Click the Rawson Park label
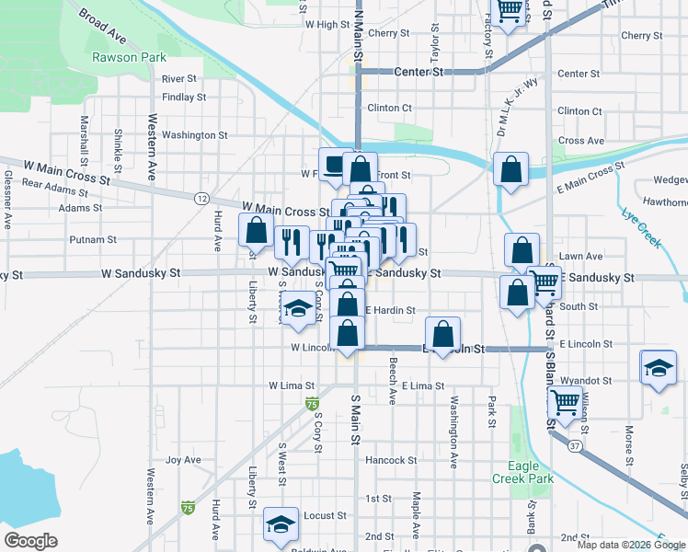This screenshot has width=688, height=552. click(128, 57)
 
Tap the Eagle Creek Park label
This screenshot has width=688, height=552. click(522, 473)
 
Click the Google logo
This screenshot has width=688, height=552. click(30, 541)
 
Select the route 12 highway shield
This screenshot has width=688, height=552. click(201, 198)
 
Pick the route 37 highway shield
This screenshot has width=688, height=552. click(574, 445)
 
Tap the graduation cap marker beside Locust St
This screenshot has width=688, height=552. click(281, 523)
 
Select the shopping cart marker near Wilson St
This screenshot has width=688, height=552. click(565, 401)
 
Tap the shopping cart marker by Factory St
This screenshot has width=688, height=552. click(509, 11)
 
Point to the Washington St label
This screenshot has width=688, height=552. click(194, 135)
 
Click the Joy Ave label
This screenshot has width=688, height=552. click(182, 460)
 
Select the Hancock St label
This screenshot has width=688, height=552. click(391, 460)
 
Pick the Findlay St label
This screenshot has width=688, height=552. click(183, 97)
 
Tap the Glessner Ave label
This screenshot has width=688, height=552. click(8, 198)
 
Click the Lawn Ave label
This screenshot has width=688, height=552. click(580, 257)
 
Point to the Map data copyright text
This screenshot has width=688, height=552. click(631, 545)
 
